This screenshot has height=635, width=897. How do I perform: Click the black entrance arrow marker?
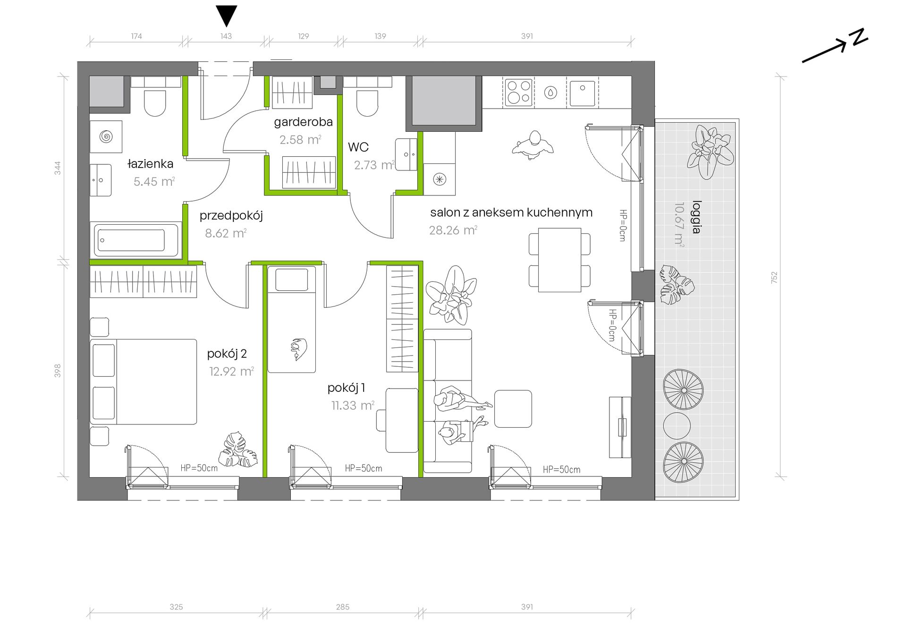pos(226,16)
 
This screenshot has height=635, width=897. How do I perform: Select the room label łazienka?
pos(151,164)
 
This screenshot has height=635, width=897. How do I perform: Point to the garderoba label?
pos(304,122)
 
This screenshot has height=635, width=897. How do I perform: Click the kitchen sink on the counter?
pos(583,93)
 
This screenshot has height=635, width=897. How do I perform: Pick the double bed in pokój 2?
pos(144,381)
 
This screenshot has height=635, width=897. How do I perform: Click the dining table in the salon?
pos(559,260)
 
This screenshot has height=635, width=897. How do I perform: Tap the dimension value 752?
pos(774,277)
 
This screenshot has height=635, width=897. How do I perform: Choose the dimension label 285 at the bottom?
pos(343,607)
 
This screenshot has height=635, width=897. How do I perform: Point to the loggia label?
pos(696,217)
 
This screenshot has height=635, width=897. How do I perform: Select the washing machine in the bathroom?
pos(106,137)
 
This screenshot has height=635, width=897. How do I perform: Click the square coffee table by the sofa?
pos(513,408)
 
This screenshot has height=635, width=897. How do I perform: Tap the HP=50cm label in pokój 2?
pos(199,468)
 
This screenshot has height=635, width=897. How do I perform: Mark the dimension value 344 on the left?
pos(58,168)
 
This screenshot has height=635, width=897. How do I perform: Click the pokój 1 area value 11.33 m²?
pos(353,405)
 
